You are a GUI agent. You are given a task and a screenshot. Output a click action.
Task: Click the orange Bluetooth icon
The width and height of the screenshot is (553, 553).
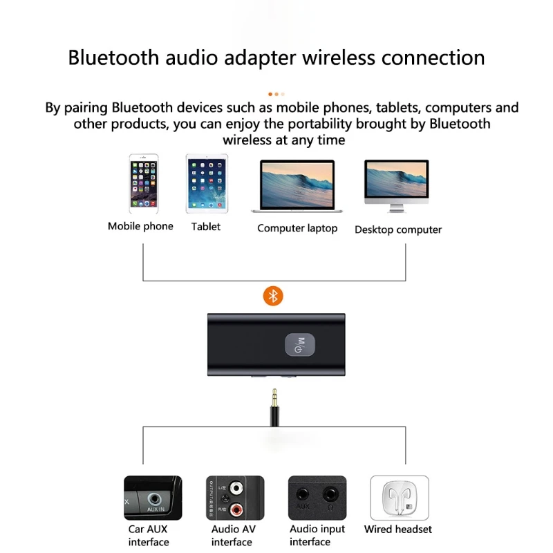pyautogui.click(x=274, y=296)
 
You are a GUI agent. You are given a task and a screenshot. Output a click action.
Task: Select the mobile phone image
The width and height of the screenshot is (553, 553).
pyautogui.click(x=143, y=183)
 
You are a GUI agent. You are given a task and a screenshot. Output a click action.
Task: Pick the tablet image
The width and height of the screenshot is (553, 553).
pyautogui.click(x=207, y=183)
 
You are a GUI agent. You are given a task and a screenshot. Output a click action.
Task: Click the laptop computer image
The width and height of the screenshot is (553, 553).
pyautogui.click(x=297, y=185)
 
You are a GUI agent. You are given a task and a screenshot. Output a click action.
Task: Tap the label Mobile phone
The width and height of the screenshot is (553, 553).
pyautogui.click(x=140, y=226)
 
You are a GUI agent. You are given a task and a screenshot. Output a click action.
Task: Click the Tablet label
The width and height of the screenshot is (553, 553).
pyautogui.click(x=206, y=226)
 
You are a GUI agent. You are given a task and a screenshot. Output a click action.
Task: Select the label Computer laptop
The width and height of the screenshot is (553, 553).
pyautogui.click(x=297, y=228)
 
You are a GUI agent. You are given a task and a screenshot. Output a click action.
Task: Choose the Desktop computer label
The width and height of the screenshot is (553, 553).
pyautogui.click(x=398, y=229)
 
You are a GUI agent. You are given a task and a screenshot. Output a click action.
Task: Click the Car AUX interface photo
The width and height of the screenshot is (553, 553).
pyautogui.click(x=153, y=498)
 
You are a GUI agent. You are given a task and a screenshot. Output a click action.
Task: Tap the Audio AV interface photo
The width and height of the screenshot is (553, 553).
pyautogui.click(x=235, y=498)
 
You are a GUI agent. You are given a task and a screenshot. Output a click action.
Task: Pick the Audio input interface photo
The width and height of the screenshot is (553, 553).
pyautogui.click(x=317, y=498)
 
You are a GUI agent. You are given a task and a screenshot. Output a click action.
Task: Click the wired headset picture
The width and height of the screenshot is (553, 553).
pyautogui.click(x=400, y=498)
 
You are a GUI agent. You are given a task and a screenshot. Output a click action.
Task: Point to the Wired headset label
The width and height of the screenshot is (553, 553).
pyautogui.click(x=398, y=529)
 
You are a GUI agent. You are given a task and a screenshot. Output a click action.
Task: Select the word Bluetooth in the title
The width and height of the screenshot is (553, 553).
pyautogui.click(x=113, y=57)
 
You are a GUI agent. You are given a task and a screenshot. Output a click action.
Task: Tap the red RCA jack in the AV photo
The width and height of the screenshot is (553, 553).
pyautogui.click(x=238, y=510)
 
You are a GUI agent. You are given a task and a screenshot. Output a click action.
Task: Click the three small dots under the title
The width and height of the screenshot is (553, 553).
pyautogui.click(x=276, y=93)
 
